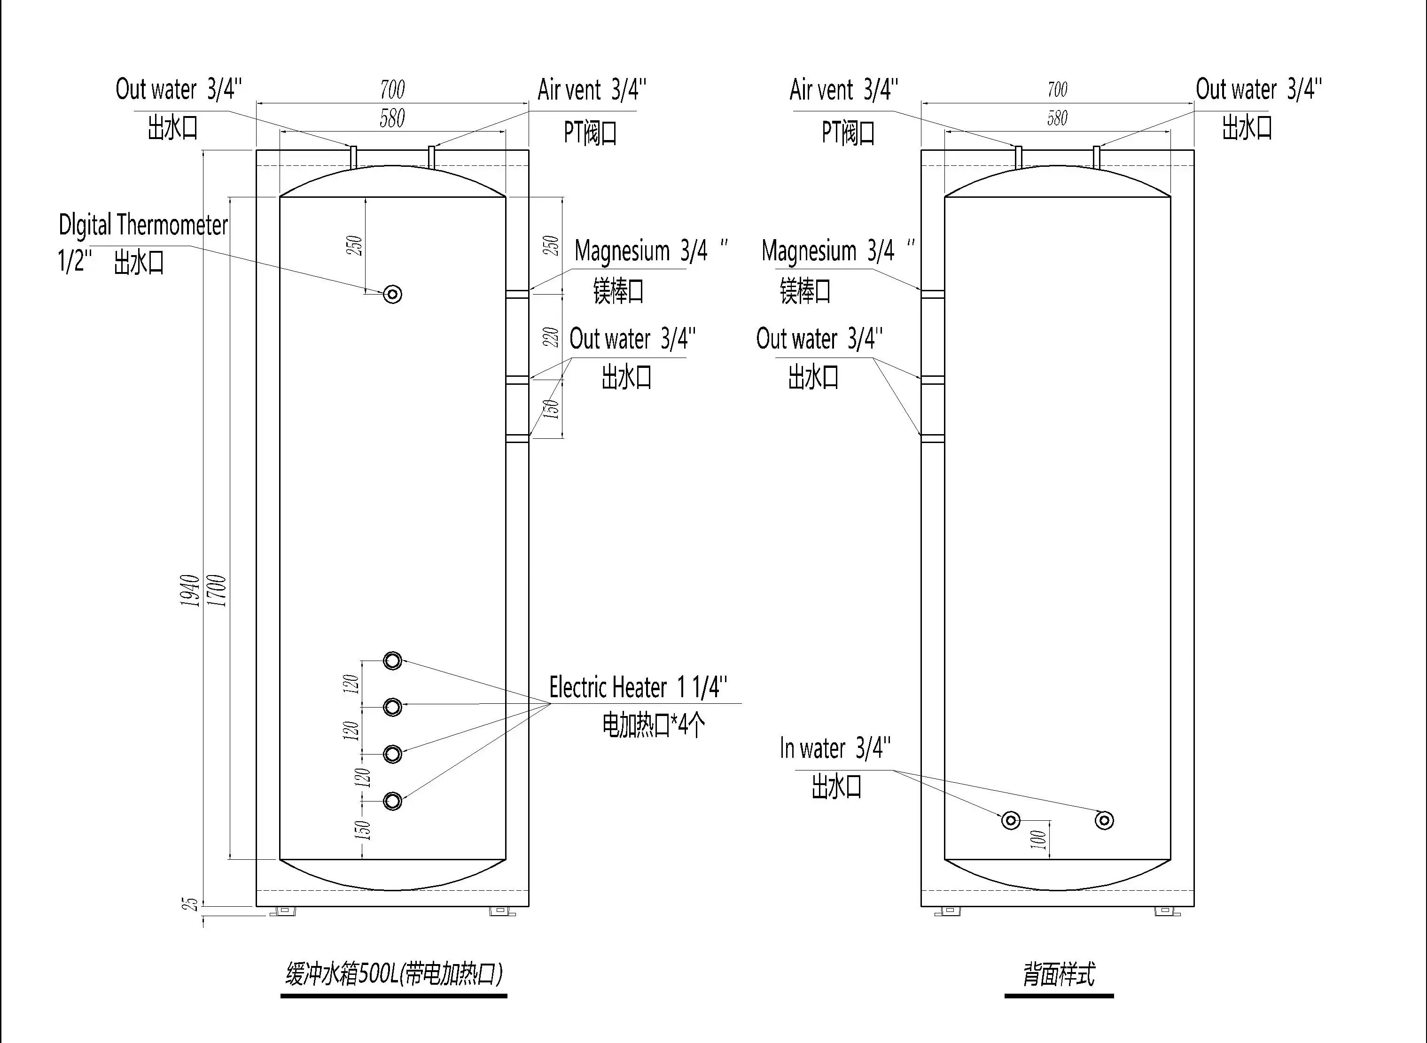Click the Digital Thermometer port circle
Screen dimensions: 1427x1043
[x=393, y=294]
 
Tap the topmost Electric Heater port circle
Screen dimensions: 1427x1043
[x=393, y=661]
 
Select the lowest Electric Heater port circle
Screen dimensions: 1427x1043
[x=393, y=801]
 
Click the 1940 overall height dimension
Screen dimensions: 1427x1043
[x=190, y=590]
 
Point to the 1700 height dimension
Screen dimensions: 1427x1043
[x=217, y=590]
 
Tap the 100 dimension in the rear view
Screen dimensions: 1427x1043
[x=1038, y=839]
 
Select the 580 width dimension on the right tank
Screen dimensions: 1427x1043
[x=1058, y=118]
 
